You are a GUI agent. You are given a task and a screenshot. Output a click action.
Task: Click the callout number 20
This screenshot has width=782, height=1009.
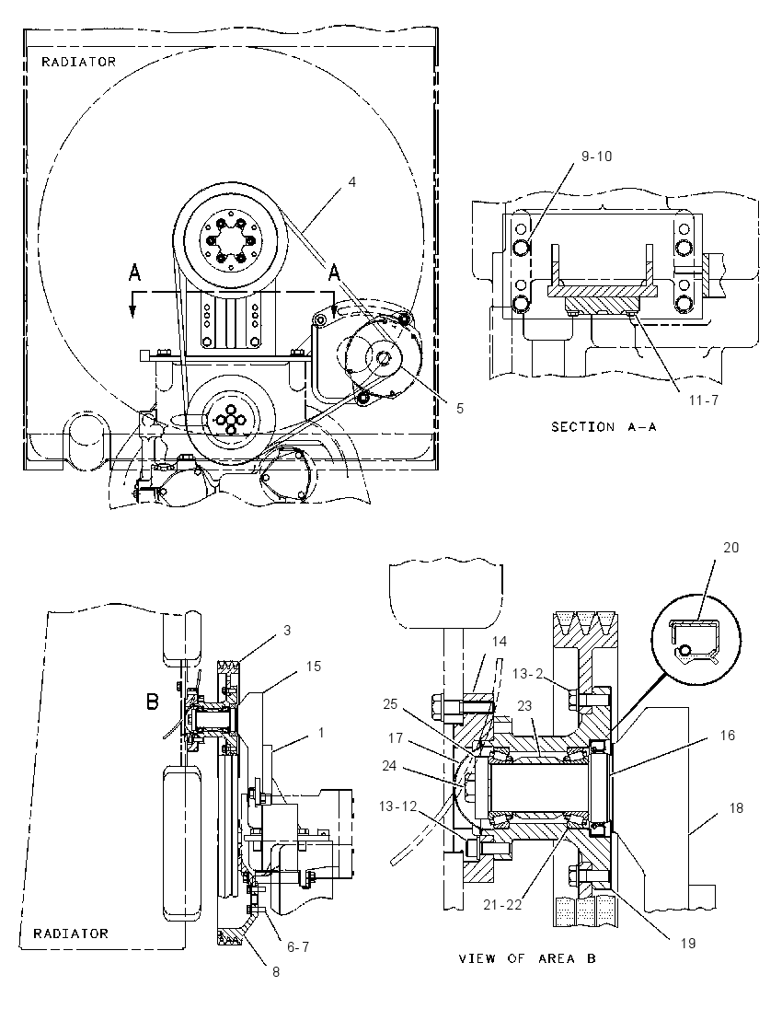pos(731,548)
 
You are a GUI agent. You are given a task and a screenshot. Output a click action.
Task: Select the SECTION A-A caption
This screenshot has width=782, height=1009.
pos(604,426)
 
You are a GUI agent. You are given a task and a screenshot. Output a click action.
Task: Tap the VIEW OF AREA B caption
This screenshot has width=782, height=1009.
pos(527,958)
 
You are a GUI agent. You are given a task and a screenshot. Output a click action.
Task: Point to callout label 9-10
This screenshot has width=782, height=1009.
pos(597,157)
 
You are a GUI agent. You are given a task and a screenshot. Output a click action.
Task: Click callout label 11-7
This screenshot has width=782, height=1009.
pos(704,400)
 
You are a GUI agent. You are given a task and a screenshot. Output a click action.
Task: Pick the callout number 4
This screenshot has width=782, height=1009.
pos(351,183)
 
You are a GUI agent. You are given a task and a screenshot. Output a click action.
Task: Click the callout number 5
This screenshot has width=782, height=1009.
pos(460,409)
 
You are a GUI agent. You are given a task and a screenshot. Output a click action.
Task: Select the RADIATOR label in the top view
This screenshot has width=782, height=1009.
pos(79,62)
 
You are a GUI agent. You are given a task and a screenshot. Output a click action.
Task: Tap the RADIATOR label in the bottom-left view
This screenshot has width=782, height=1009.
pos(71,934)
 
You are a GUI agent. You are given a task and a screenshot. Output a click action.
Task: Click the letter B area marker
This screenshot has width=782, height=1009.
pos(153,701)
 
